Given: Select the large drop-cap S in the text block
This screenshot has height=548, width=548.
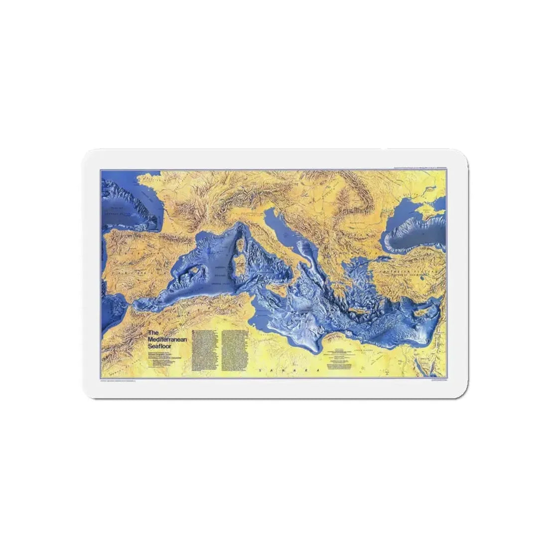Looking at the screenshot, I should [x=194, y=332].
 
